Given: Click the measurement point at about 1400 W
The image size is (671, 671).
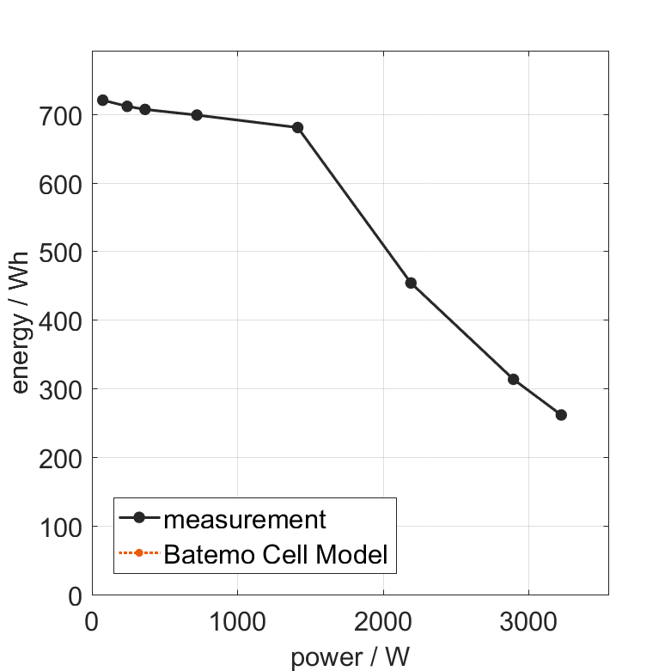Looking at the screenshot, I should (298, 127).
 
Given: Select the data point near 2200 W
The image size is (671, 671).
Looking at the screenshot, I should (411, 283).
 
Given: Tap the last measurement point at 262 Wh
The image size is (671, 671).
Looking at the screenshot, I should (561, 415).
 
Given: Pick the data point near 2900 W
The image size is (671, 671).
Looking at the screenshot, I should (513, 379).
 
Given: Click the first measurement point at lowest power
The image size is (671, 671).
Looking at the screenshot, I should (103, 101).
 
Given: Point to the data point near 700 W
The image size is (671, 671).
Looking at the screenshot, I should (197, 115).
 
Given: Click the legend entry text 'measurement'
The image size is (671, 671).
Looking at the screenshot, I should (245, 519).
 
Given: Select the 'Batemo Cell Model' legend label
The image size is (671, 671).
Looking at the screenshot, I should (276, 554).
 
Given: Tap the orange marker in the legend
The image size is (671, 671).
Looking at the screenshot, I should (138, 554).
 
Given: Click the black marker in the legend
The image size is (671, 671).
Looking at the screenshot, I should (138, 519).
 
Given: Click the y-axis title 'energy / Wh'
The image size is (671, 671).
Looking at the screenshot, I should (21, 321).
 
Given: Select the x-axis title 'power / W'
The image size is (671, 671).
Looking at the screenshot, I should (350, 657).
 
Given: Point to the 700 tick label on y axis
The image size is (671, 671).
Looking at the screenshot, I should (61, 115).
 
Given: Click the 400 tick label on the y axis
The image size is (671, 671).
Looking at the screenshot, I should (61, 320).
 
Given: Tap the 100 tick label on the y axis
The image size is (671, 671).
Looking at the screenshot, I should (61, 527).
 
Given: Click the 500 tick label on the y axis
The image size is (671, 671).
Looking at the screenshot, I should (61, 252).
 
